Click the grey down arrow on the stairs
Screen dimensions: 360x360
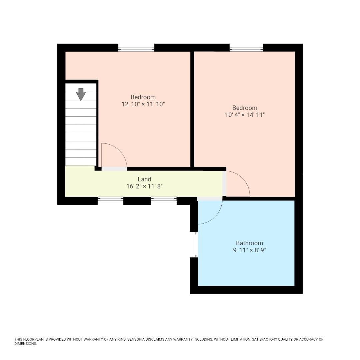(81, 94)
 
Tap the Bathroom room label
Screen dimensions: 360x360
(249, 243)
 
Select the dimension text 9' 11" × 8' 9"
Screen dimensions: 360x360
(249, 250)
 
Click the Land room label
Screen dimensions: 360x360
(144, 179)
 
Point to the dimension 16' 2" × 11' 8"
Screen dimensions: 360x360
(144, 186)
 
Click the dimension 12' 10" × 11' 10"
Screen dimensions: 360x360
(143, 104)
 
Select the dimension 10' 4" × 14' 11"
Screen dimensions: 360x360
(245, 115)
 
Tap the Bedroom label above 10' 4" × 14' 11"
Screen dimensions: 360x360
(245, 108)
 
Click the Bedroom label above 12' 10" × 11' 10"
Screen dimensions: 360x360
(143, 97)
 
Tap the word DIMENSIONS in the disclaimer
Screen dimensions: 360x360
(25, 344)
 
